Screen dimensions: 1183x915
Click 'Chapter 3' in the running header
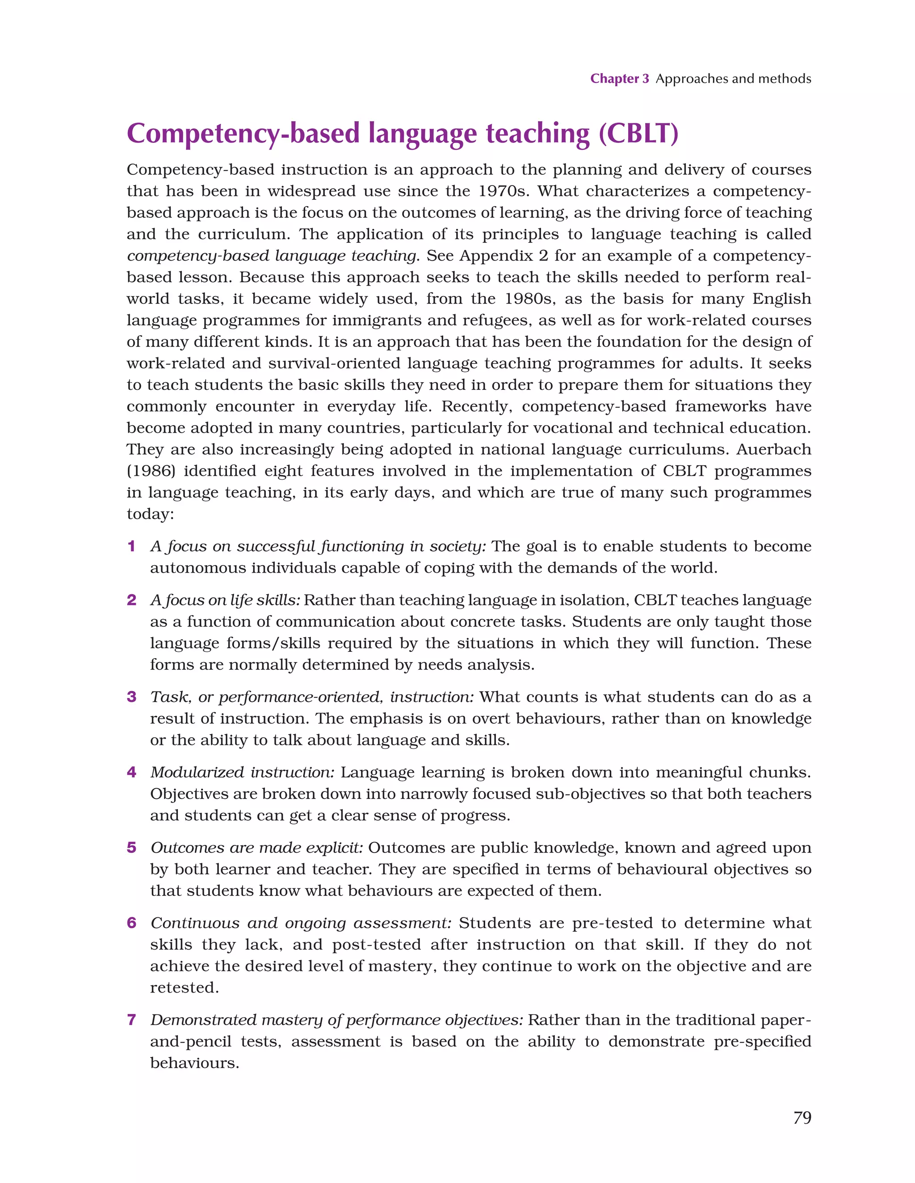pyautogui.click(x=619, y=79)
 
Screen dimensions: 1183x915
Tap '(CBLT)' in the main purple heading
pyautogui.click(x=638, y=133)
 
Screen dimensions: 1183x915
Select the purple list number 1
pyautogui.click(x=131, y=546)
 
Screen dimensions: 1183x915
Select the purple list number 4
pyautogui.click(x=131, y=773)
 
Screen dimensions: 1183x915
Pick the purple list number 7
pyautogui.click(x=131, y=1020)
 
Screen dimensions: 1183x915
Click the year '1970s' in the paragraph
pyautogui.click(x=503, y=191)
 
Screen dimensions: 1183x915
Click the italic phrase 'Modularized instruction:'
pyautogui.click(x=243, y=773)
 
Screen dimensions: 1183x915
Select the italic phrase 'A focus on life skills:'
pyautogui.click(x=225, y=600)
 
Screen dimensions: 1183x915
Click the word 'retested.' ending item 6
pyautogui.click(x=184, y=988)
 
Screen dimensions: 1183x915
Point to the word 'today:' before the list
pyautogui.click(x=150, y=514)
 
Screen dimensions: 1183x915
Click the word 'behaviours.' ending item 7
pyautogui.click(x=194, y=1063)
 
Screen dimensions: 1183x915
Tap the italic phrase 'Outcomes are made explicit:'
pyautogui.click(x=256, y=848)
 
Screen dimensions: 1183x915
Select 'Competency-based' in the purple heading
pyautogui.click(x=243, y=133)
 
